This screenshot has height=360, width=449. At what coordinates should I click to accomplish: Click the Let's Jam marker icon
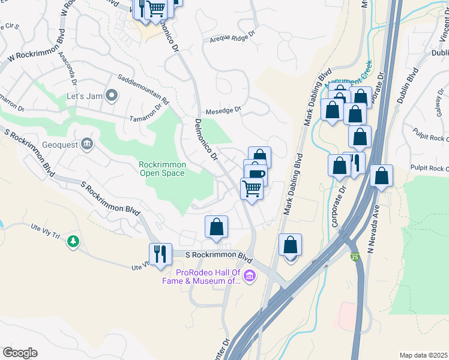(112, 95)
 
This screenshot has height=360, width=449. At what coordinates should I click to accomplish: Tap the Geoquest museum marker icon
(87, 143)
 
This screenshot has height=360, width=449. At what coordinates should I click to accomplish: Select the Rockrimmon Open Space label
(162, 169)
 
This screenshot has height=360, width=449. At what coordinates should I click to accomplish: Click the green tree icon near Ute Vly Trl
(73, 241)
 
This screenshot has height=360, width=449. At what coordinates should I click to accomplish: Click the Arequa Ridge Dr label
(233, 38)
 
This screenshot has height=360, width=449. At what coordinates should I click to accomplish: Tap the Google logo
(20, 353)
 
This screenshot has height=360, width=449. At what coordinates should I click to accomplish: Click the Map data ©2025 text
(423, 355)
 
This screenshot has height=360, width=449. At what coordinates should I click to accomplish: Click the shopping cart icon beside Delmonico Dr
(252, 188)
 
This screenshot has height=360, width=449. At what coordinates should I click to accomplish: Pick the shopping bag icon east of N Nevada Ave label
(381, 176)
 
